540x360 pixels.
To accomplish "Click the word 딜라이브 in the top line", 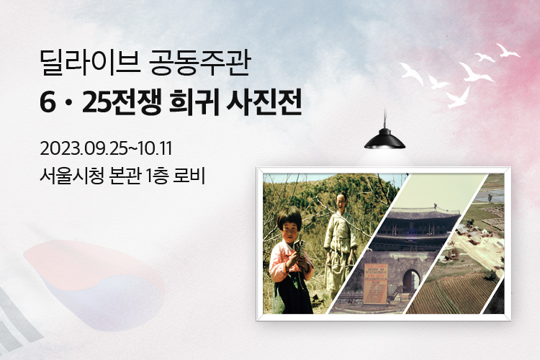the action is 89,63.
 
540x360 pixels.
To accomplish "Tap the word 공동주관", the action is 200,63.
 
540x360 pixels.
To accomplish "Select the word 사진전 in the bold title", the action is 264,102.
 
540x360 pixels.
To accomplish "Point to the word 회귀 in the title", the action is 194,102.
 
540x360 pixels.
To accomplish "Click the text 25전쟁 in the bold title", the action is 122,102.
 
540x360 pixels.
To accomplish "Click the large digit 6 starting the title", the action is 48,103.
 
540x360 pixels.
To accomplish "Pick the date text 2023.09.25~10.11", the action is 106,148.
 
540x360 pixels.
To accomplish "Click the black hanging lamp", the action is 384,138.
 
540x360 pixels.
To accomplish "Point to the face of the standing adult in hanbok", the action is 341,202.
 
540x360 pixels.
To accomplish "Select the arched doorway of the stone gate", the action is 411,282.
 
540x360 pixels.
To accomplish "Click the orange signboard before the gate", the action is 376,284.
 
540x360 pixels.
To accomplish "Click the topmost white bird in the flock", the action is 508,50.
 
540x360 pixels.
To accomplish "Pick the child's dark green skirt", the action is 294,294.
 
